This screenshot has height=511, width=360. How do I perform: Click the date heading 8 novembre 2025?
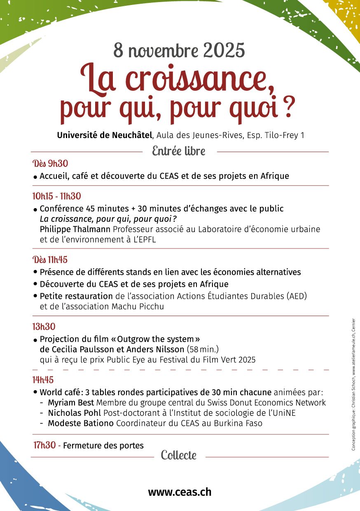point(179,50)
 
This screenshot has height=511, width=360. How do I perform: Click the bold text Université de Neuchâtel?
point(105,135)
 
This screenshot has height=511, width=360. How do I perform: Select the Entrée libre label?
point(179,151)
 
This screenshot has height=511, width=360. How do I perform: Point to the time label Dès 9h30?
point(50,164)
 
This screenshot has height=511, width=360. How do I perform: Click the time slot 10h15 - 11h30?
point(56,196)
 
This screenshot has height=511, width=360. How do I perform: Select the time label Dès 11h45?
point(50,260)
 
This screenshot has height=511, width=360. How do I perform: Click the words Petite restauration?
point(76,296)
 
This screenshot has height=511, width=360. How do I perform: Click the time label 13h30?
point(44,327)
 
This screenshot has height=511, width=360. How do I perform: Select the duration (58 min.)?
point(203,349)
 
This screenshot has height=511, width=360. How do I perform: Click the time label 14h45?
point(43,380)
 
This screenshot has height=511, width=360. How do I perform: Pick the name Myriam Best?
point(71,403)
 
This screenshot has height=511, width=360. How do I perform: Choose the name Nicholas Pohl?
point(75,413)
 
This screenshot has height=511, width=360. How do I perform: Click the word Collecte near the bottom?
point(179,455)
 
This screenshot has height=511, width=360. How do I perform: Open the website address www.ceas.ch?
point(180,492)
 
